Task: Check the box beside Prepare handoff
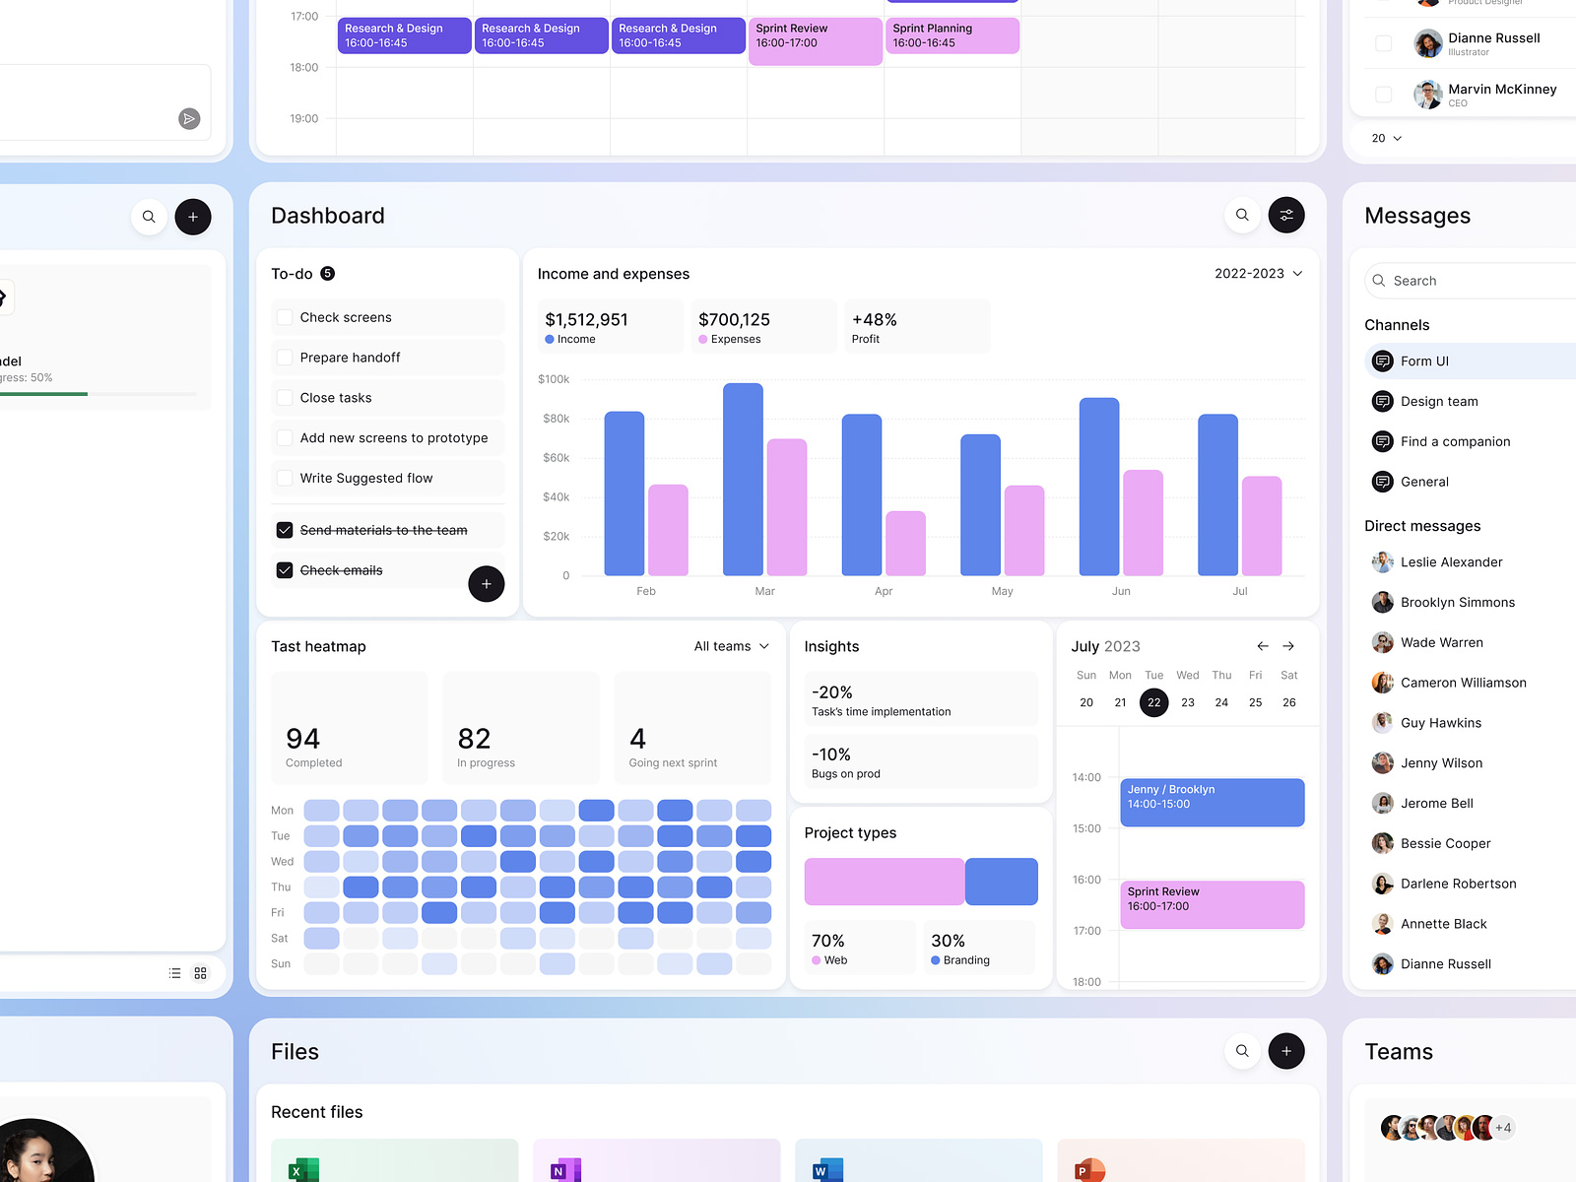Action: click(x=285, y=358)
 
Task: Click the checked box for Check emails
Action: click(x=285, y=570)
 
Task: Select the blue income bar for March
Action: click(x=743, y=480)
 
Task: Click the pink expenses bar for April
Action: click(x=905, y=543)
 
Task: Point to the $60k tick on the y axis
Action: click(x=556, y=458)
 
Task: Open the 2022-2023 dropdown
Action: click(x=1258, y=274)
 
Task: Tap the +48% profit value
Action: click(x=874, y=320)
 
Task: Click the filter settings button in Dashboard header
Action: click(x=1286, y=215)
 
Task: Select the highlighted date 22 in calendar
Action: click(x=1153, y=702)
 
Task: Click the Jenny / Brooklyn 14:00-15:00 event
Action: click(x=1212, y=802)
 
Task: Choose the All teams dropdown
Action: click(x=731, y=646)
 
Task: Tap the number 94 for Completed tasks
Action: click(x=302, y=739)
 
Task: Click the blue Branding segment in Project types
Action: click(x=1001, y=882)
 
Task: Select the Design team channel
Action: click(x=1438, y=402)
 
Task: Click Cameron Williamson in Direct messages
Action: click(x=1463, y=683)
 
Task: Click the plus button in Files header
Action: click(x=1286, y=1051)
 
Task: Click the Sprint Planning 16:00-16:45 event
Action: click(x=952, y=35)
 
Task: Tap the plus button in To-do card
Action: click(x=486, y=584)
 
